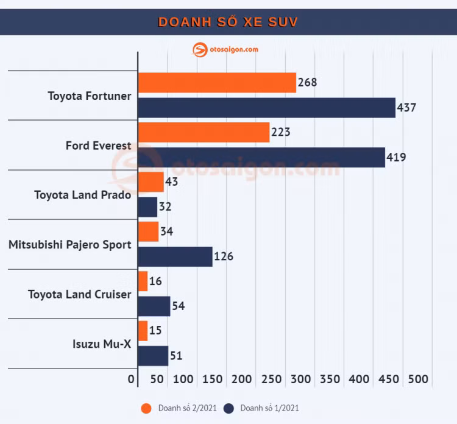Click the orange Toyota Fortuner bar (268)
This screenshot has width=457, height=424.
pos(217,83)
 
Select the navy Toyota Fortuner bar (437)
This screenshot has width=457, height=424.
pos(266,108)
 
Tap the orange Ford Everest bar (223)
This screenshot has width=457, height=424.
pos(204,132)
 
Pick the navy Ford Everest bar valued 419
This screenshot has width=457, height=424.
pos(261,157)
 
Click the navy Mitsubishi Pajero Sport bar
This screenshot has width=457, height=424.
pos(175,256)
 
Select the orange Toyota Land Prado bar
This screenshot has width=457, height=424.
pos(151,182)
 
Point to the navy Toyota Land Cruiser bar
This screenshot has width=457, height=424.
pos(154,306)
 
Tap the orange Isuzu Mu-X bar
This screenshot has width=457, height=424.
pos(143,331)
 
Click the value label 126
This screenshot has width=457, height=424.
pos(223,256)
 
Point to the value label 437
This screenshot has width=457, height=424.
pos(406,108)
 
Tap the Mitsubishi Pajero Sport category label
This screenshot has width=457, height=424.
pos(69,244)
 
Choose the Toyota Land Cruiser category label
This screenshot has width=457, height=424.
pos(79,294)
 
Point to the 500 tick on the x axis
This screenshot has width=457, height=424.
pos(418,379)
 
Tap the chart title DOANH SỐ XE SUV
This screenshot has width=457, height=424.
pos(228,23)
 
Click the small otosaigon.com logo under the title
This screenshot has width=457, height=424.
pos(225,50)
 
